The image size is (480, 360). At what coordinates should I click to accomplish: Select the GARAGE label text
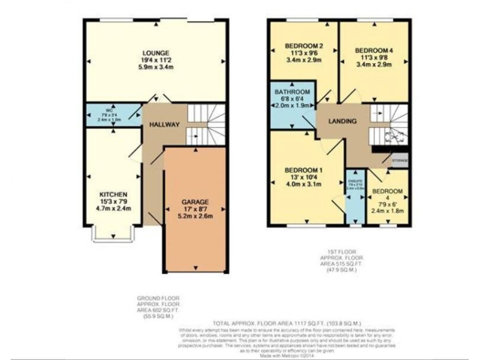tap(194, 202)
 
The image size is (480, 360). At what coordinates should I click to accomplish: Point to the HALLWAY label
tap(164, 125)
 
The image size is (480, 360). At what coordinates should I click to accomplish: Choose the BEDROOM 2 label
tap(304, 46)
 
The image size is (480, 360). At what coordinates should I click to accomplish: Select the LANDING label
tap(342, 121)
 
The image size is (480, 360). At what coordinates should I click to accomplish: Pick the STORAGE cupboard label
tap(400, 161)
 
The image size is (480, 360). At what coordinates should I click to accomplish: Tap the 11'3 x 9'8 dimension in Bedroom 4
tap(372, 57)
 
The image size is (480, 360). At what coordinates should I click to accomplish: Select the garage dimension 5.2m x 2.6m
tap(194, 217)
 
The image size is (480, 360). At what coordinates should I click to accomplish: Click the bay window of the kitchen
tap(113, 234)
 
